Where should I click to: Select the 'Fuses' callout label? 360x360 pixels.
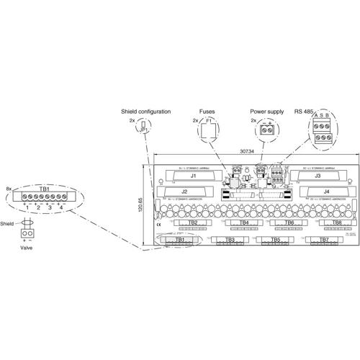[207, 112]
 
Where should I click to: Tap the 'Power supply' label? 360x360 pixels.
[267, 112]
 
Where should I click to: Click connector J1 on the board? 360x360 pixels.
[193, 176]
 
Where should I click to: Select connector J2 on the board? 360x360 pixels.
[185, 192]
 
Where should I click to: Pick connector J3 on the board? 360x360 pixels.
[317, 176]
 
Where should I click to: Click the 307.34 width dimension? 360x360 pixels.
[248, 153]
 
